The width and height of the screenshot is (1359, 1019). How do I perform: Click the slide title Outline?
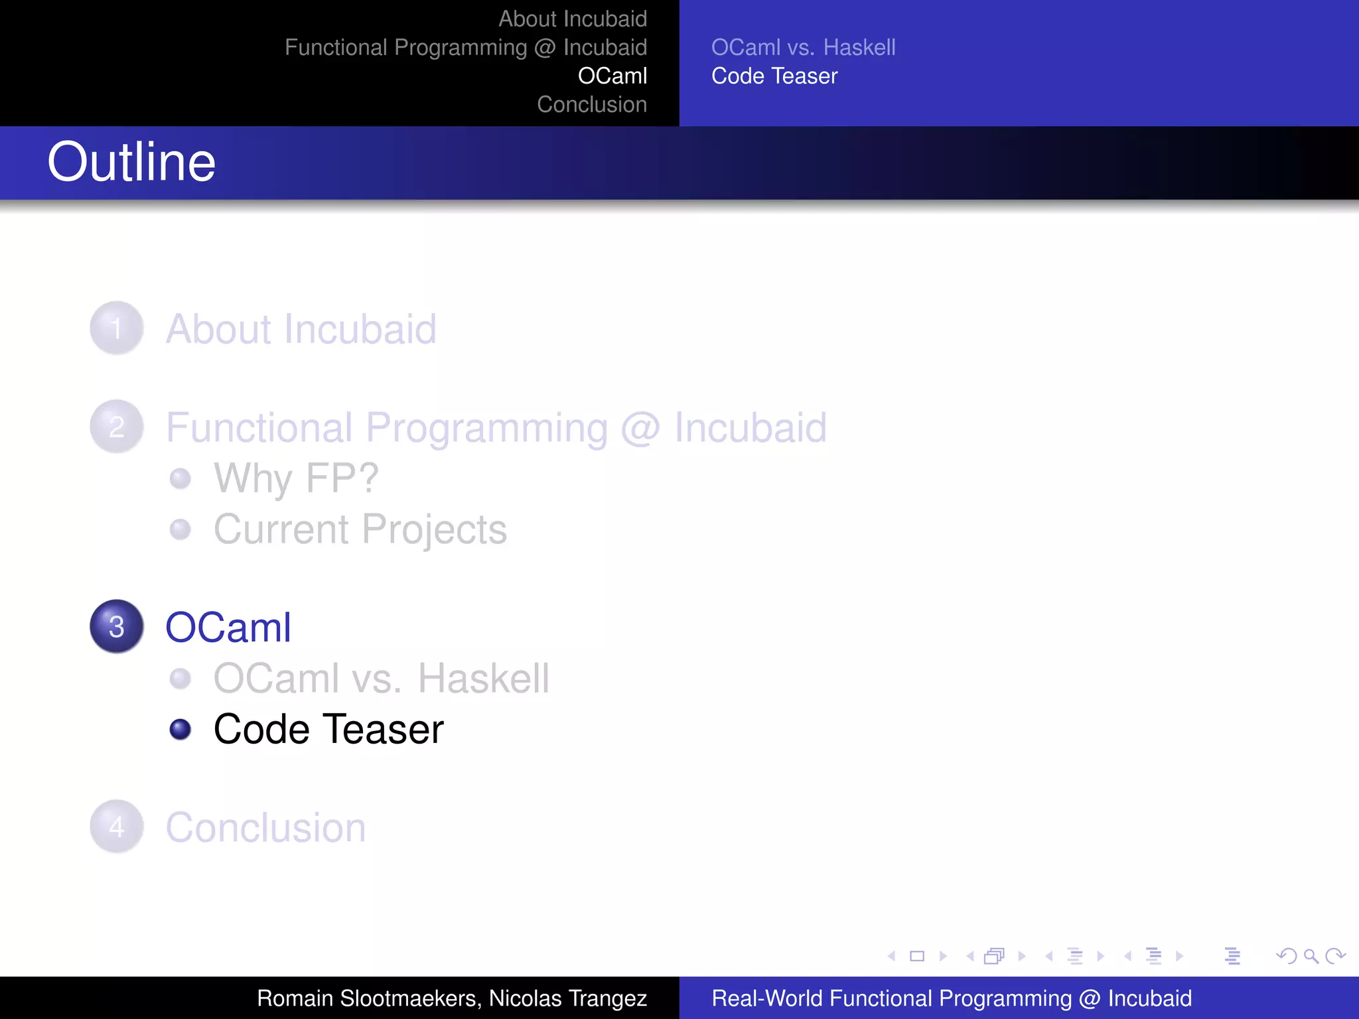pyautogui.click(x=131, y=163)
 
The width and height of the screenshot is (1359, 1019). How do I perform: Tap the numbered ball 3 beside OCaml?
pyautogui.click(x=117, y=627)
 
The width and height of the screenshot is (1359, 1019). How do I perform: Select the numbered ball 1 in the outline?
pyautogui.click(x=117, y=328)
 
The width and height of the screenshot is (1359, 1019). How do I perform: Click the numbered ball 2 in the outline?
pyautogui.click(x=117, y=427)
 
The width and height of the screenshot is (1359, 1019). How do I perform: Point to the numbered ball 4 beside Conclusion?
pyautogui.click(x=117, y=827)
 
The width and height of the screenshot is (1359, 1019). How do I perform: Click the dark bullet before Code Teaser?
pyautogui.click(x=180, y=730)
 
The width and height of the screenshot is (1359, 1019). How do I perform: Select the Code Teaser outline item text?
pyautogui.click(x=328, y=730)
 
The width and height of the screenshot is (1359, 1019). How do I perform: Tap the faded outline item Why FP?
pyautogui.click(x=296, y=478)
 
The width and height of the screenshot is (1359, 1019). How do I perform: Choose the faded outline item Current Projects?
pyautogui.click(x=360, y=529)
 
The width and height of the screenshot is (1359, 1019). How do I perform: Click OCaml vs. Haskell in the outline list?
pyautogui.click(x=382, y=679)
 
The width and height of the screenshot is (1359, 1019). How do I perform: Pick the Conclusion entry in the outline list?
pyautogui.click(x=265, y=828)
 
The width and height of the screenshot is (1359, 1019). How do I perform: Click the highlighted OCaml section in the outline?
pyautogui.click(x=228, y=628)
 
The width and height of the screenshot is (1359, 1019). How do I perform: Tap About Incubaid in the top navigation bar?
pyautogui.click(x=573, y=19)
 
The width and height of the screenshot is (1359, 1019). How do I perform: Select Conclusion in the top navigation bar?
pyautogui.click(x=592, y=105)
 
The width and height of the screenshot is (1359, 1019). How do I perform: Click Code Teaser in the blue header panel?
pyautogui.click(x=774, y=76)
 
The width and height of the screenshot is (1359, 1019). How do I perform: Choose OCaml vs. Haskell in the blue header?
pyautogui.click(x=803, y=48)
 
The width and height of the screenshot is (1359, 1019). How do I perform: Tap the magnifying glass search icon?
pyautogui.click(x=1311, y=956)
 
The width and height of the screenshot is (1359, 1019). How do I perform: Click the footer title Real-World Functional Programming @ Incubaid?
pyautogui.click(x=952, y=998)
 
